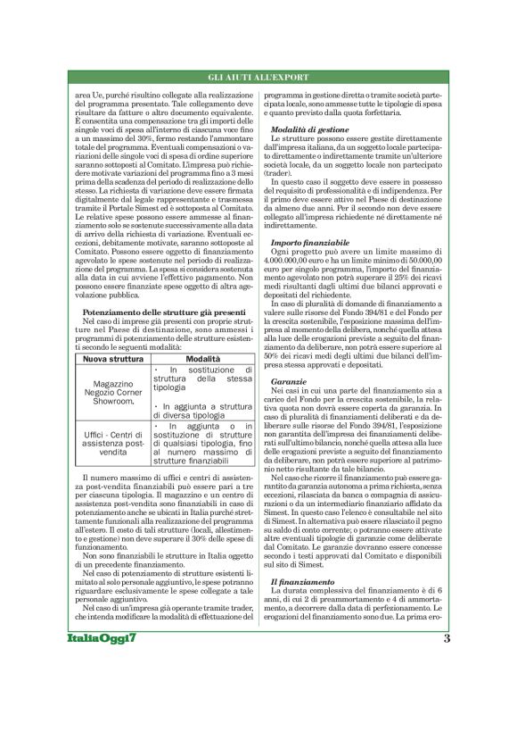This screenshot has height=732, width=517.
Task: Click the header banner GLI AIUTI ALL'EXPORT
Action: coord(258,79)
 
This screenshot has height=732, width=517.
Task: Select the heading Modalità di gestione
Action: coord(310,131)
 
